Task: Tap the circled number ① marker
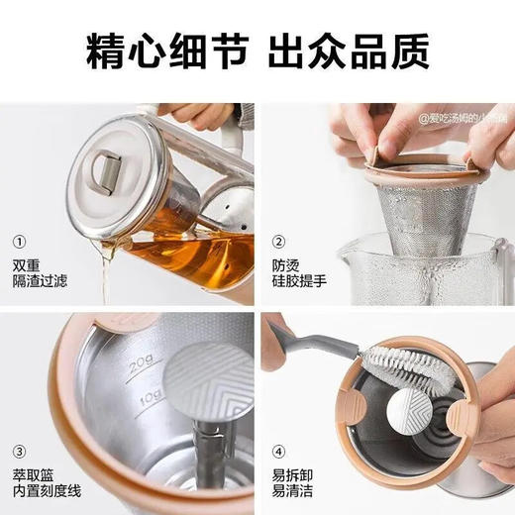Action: pyautogui.click(x=21, y=241)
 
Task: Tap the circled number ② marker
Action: pyautogui.click(x=279, y=241)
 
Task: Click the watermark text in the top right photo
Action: pyautogui.click(x=462, y=118)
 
